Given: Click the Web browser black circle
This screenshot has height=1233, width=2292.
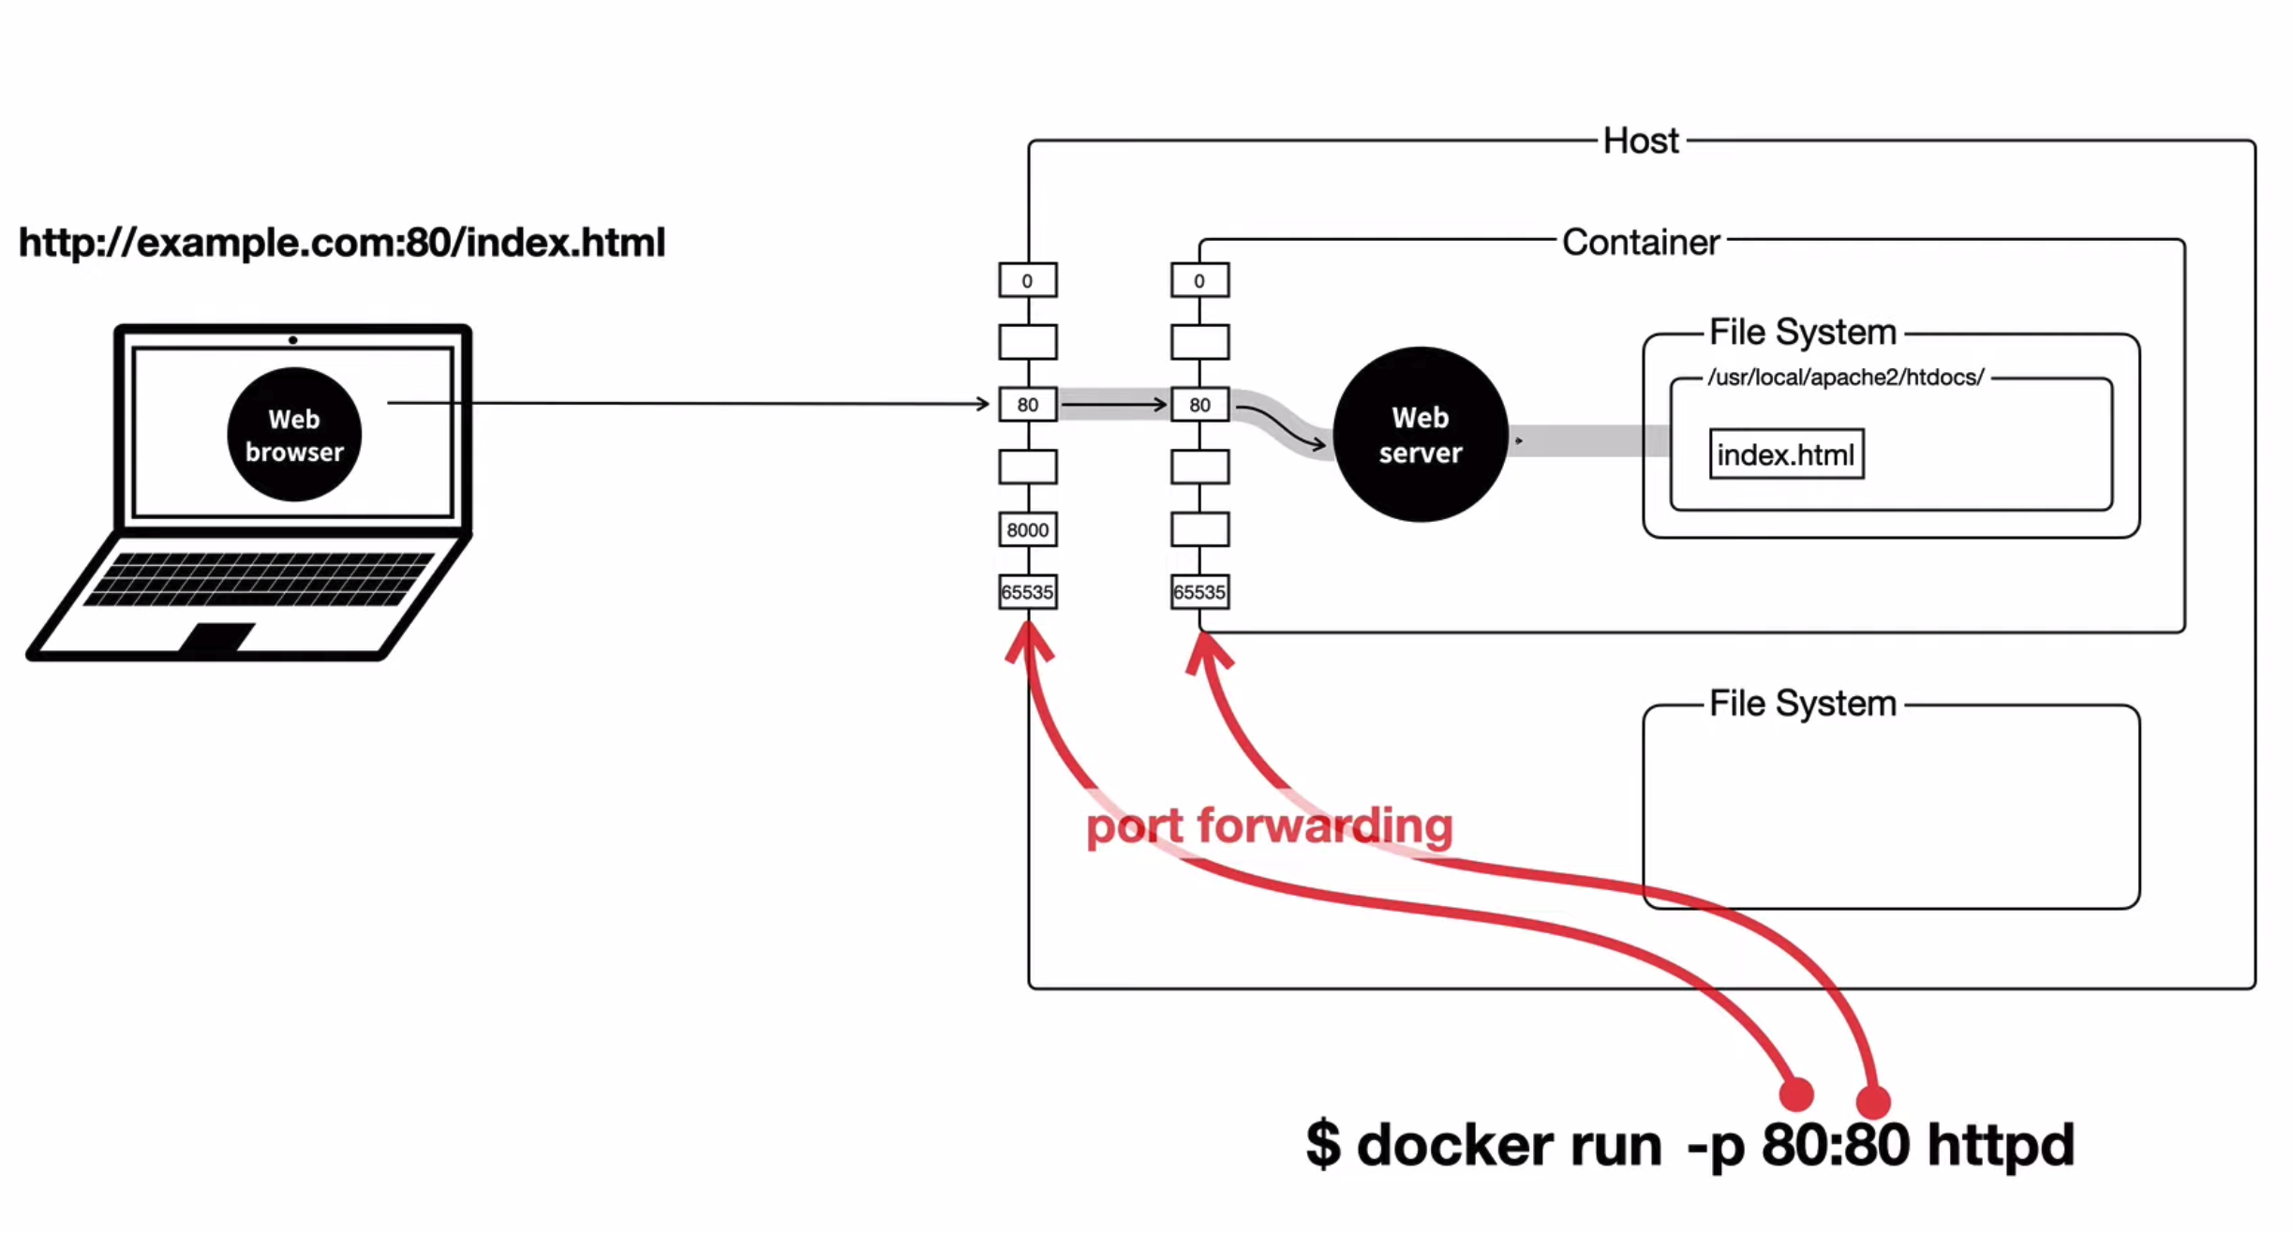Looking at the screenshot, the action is (294, 434).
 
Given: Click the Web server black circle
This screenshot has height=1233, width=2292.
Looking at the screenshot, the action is (1421, 434).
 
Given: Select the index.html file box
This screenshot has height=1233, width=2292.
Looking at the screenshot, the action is (1786, 454).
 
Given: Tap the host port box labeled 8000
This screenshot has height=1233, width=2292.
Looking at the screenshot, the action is (1028, 529).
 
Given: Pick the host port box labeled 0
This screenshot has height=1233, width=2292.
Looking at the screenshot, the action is (1028, 280).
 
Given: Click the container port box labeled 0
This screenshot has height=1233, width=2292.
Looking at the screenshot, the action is (1199, 280).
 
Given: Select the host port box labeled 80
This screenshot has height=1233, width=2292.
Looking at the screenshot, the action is (1028, 405).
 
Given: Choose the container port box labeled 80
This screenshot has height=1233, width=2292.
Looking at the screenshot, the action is (1199, 405).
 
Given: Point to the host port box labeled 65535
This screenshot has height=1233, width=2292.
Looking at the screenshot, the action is (1028, 592).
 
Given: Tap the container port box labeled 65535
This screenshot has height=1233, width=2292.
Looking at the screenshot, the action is (1199, 592).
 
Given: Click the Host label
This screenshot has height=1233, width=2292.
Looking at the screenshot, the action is (1640, 141).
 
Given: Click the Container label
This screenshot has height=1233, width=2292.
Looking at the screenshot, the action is (1641, 242).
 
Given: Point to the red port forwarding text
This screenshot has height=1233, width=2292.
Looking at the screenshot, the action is (1270, 826).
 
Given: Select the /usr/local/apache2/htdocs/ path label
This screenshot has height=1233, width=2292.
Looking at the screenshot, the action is (1845, 377).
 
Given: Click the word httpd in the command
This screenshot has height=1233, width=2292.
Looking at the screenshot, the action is (2001, 1144).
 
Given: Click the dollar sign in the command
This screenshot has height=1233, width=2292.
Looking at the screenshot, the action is (1323, 1144).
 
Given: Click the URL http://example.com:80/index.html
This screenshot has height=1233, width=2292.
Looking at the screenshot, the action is (342, 243).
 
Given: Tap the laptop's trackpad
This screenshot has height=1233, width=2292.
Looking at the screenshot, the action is (217, 636).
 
